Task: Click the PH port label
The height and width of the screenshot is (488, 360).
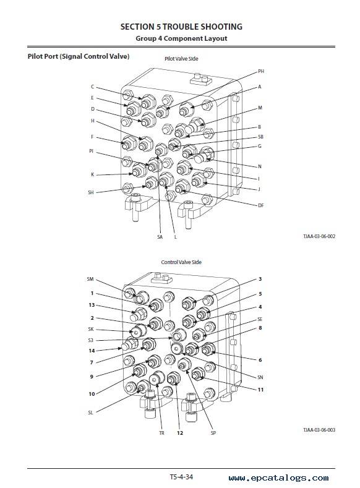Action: click(x=261, y=71)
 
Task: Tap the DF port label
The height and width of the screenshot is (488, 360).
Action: click(x=261, y=205)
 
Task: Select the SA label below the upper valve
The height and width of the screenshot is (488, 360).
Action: click(x=160, y=237)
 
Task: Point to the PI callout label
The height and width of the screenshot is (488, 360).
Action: click(x=91, y=151)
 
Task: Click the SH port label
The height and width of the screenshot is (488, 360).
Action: click(x=91, y=192)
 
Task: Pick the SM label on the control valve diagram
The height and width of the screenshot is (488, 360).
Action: click(x=90, y=279)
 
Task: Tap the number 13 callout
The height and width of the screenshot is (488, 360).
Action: click(x=92, y=305)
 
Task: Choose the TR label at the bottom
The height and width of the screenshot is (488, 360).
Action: click(x=162, y=433)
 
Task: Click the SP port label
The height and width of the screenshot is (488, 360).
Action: click(x=213, y=433)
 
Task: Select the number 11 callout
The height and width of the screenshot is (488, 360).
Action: click(x=260, y=390)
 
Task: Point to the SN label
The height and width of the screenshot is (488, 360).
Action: click(x=260, y=377)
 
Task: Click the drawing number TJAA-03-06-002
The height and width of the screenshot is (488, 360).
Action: click(x=319, y=236)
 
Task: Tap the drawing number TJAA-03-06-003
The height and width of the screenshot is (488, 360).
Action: click(x=319, y=430)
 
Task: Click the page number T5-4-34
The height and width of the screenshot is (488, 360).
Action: click(x=181, y=477)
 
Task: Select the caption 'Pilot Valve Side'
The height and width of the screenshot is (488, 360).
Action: click(x=181, y=59)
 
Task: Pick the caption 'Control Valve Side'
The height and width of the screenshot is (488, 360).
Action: click(x=181, y=262)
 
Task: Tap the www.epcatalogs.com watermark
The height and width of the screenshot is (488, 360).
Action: click(x=278, y=477)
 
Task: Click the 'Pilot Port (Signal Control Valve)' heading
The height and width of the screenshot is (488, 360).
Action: click(x=79, y=56)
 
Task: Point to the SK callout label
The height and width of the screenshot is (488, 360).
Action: click(x=91, y=329)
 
